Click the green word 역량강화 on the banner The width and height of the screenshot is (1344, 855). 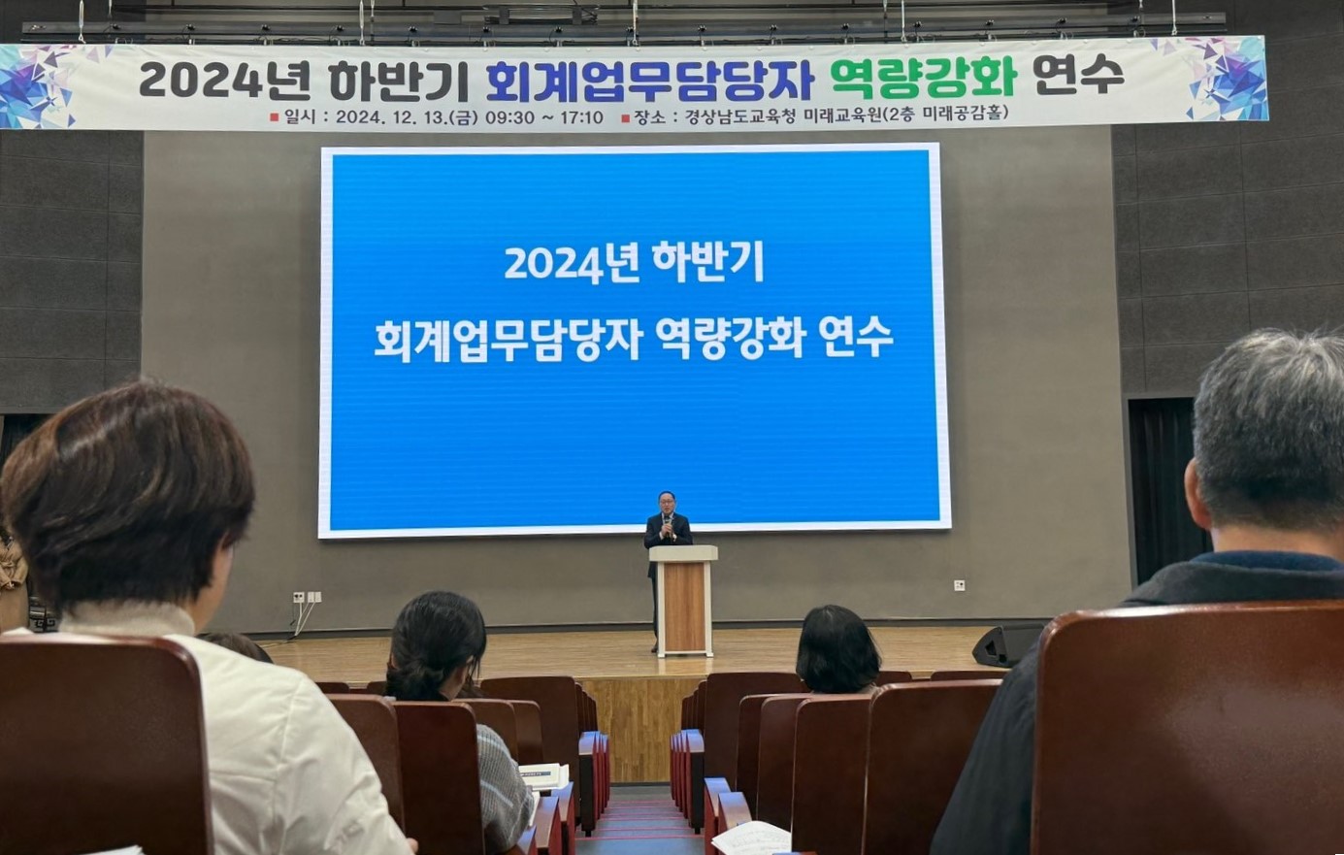923,78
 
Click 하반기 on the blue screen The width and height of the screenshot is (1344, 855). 707,261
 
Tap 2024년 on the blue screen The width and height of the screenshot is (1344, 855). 568,262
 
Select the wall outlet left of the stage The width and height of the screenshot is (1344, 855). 306,597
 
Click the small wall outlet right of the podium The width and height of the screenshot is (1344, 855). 959,585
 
